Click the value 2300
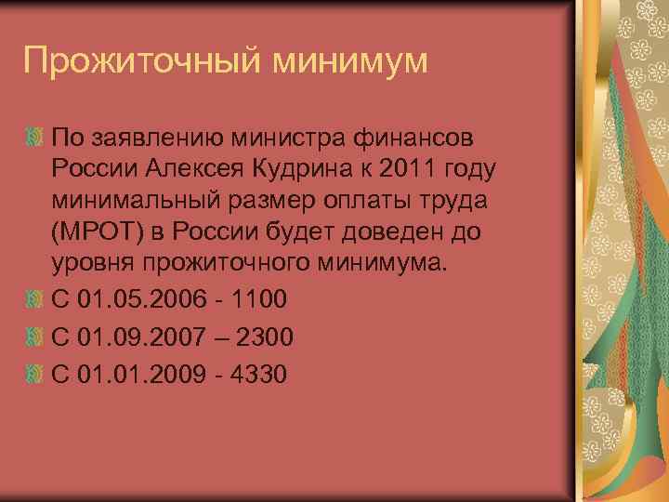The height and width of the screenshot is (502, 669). pos(265,336)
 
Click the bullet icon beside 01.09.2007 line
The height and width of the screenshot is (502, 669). pos(33,336)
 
